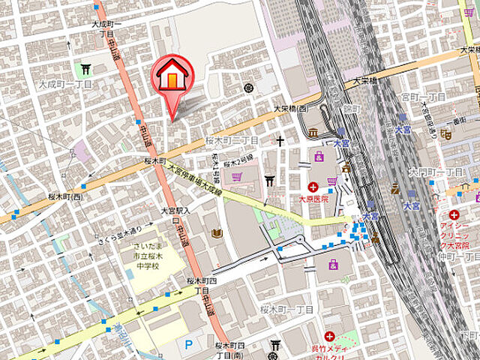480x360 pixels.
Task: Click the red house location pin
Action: point(172,79)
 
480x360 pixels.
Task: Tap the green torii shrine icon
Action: point(85,70)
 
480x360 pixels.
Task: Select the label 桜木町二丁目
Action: point(232,140)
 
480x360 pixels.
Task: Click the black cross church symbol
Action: point(280,141)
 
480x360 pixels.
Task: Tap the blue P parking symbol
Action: point(188,343)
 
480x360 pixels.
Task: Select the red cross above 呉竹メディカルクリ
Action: point(328,336)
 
